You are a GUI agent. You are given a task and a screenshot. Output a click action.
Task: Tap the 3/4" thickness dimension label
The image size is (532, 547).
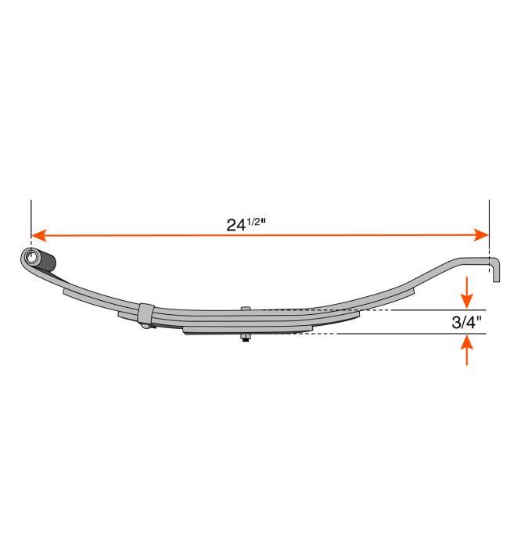pos(467,322)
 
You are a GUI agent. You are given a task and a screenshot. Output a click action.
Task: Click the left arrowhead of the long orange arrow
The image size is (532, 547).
pos(38,234)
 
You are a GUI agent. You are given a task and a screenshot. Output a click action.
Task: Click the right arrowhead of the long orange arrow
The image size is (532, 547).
pos(482,234)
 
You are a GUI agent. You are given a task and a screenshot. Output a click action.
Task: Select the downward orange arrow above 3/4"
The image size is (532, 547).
pos(467,292)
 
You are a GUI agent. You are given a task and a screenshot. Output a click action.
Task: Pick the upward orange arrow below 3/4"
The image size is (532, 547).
pos(467,349)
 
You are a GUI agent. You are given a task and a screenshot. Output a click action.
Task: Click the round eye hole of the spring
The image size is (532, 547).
pos(31,258)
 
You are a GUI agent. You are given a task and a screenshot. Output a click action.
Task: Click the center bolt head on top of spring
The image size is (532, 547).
pos(246,309)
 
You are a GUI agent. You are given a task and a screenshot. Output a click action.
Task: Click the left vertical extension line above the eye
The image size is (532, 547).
pos(31,215)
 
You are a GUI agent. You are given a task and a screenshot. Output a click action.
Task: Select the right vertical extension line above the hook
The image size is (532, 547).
pos(489,215)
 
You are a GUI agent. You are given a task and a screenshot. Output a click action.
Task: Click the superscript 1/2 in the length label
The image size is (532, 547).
pos(258,220)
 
